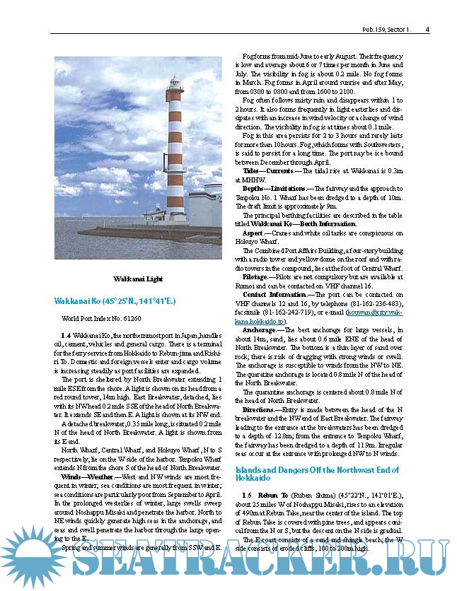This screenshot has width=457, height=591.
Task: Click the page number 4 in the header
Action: [x=428, y=30]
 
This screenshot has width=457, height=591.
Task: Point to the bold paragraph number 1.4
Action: [x=66, y=332]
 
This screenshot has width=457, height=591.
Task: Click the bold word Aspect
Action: [x=253, y=233]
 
